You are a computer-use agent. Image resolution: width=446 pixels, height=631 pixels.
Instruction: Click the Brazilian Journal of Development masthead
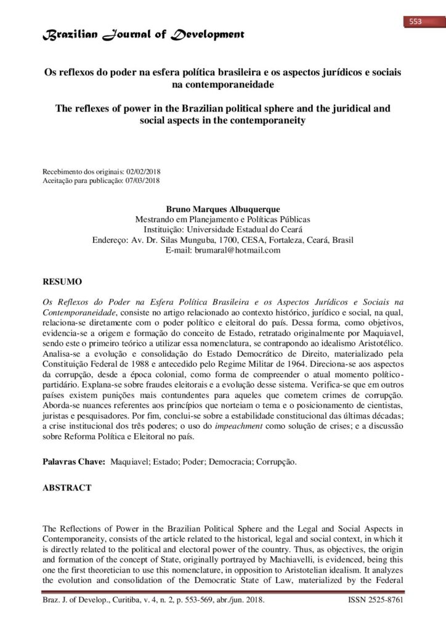(143, 35)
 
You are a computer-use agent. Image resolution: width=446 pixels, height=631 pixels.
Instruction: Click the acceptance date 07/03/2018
(142, 180)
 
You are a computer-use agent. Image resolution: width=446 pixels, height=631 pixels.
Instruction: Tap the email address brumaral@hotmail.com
(237, 250)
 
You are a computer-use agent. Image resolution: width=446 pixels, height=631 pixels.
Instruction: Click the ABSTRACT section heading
(67, 488)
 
